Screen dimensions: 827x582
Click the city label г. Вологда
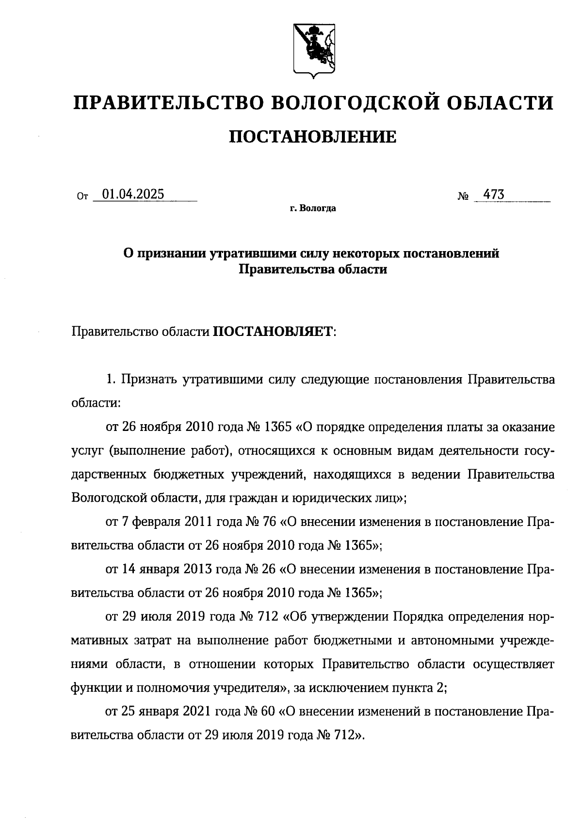pyautogui.click(x=313, y=209)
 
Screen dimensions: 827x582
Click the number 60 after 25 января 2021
pyautogui.click(x=268, y=712)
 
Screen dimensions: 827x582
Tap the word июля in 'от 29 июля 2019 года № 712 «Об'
pyautogui.click(x=157, y=617)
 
